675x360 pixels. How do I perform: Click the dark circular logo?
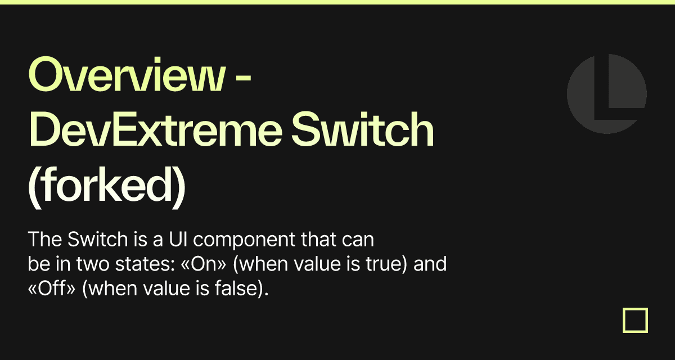[606, 93]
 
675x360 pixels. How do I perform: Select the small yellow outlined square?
[635, 320]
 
